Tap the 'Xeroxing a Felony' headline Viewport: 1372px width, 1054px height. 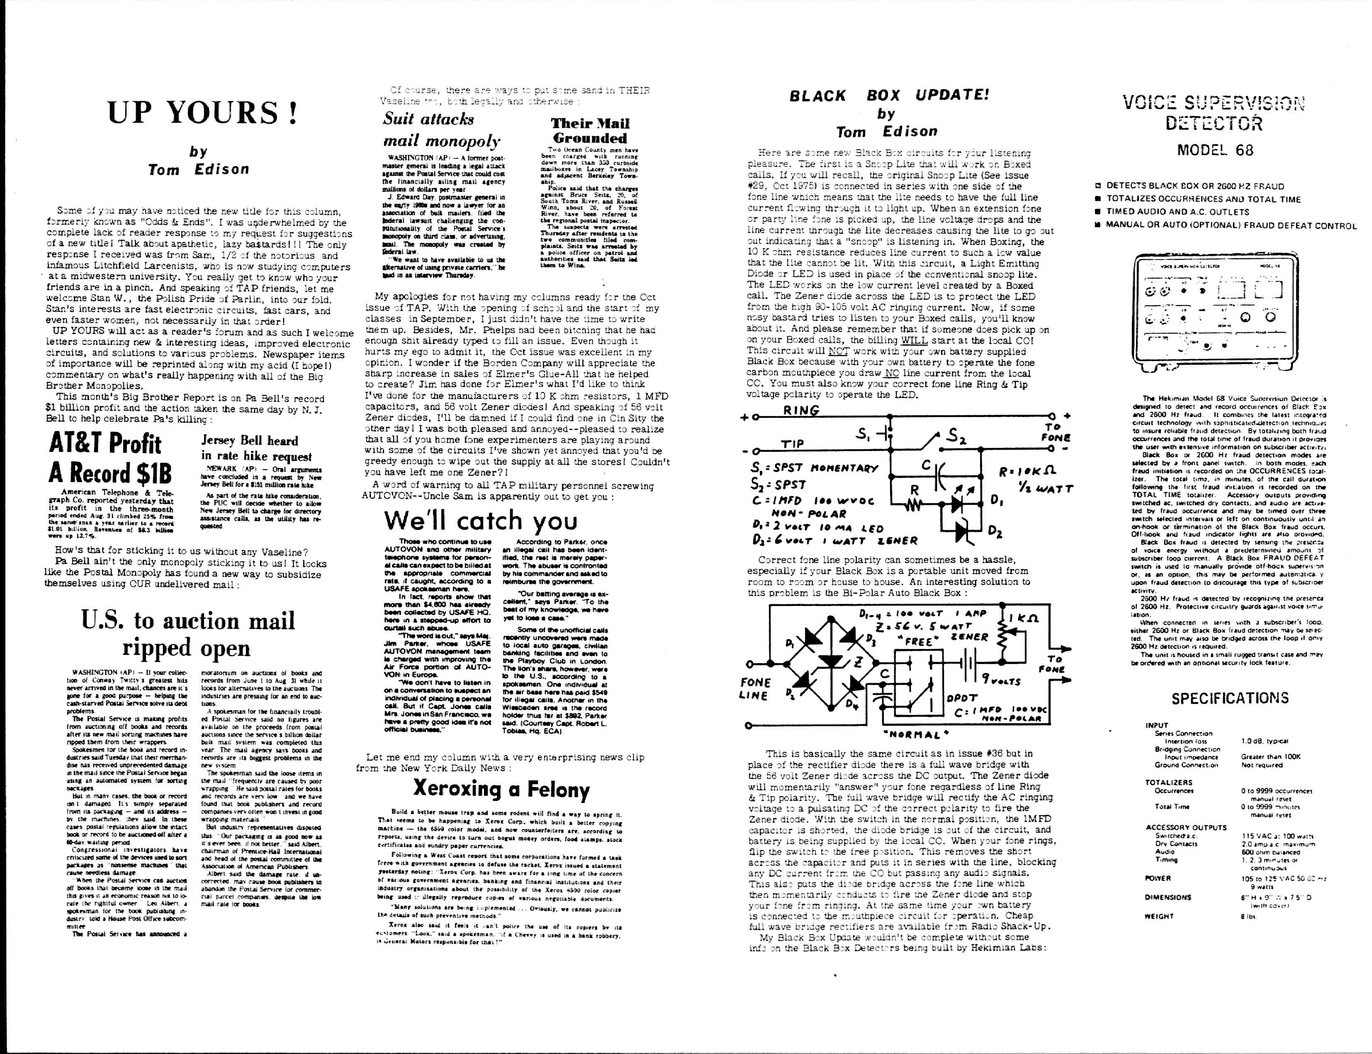click(501, 788)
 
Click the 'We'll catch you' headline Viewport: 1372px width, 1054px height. click(480, 520)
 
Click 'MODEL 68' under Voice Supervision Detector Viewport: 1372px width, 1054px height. click(1215, 150)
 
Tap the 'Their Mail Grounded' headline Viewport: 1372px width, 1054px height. click(589, 131)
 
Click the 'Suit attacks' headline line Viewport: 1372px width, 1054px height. click(429, 119)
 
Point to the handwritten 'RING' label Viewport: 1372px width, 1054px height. click(801, 411)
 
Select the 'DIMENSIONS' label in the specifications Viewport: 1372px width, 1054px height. click(1168, 897)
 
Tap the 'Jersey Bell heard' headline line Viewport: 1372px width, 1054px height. click(249, 441)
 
